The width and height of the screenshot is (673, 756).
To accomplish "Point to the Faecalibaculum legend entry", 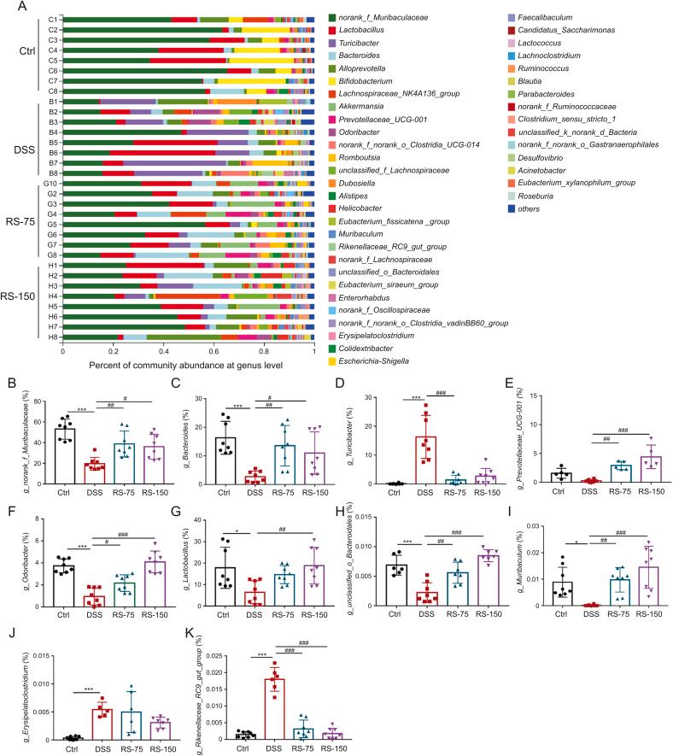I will point(550,17).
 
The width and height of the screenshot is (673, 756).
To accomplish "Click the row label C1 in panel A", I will point(52,18).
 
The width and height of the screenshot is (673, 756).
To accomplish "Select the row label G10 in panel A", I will point(51,183).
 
